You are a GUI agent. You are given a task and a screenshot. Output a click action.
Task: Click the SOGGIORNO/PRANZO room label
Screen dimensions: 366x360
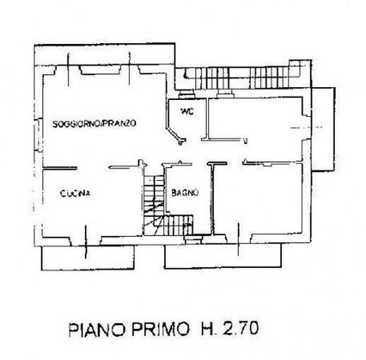coord(94,124)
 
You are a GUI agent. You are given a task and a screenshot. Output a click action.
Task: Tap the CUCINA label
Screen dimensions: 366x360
coord(75,193)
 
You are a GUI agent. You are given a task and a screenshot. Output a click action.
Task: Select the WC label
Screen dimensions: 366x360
coord(187,112)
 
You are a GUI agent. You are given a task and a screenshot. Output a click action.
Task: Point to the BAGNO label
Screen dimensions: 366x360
coord(185,192)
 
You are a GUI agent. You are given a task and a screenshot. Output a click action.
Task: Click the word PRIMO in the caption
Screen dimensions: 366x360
coord(160,330)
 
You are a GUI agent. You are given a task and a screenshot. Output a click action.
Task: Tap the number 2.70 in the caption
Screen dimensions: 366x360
coord(241,328)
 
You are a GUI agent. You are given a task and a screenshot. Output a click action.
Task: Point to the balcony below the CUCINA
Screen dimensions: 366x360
coord(88,258)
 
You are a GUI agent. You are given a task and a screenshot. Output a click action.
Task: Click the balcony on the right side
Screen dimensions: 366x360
coord(323,129)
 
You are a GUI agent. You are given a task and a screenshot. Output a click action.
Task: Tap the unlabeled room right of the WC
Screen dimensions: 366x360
coord(254,118)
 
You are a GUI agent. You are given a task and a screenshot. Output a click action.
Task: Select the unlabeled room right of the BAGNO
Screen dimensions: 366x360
coord(257,199)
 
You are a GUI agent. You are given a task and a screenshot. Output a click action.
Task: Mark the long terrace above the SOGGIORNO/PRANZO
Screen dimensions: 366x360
coord(104,55)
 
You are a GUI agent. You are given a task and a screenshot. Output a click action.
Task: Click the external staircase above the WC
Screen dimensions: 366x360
coord(243,77)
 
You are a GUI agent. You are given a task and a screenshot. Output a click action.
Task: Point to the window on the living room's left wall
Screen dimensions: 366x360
coord(38,135)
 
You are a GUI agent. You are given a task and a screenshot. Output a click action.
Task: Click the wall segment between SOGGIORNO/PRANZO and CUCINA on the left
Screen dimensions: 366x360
coord(60,168)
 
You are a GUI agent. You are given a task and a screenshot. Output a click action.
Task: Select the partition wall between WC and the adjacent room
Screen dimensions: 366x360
coord(206,119)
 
